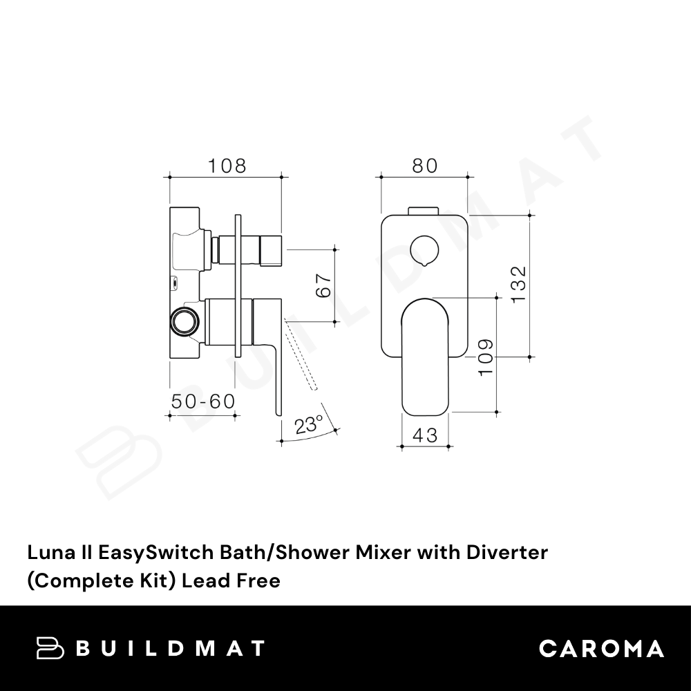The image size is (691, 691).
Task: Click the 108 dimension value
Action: pos(227,166)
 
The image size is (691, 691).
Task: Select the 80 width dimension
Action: pos(425,166)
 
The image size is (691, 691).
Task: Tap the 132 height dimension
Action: pos(519,284)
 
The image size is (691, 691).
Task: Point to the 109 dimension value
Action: pos(486,357)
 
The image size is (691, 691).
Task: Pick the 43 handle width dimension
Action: pos(425,435)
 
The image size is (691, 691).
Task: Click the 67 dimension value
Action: pos(324,285)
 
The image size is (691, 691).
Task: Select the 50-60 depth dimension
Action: pos(202,401)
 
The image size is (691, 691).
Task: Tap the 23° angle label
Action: pos(309,425)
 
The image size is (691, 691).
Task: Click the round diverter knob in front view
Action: pos(424,251)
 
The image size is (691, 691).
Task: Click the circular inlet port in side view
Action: pos(184,321)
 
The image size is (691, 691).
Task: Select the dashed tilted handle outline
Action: pos(301,354)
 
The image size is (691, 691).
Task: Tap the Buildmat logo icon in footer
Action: pos(50,648)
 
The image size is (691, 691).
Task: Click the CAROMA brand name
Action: pos(602,649)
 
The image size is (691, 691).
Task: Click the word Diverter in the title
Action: pos(507,552)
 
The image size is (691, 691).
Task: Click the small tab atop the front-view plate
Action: pos(424,211)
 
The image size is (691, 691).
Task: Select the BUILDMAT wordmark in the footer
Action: pos(171,648)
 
